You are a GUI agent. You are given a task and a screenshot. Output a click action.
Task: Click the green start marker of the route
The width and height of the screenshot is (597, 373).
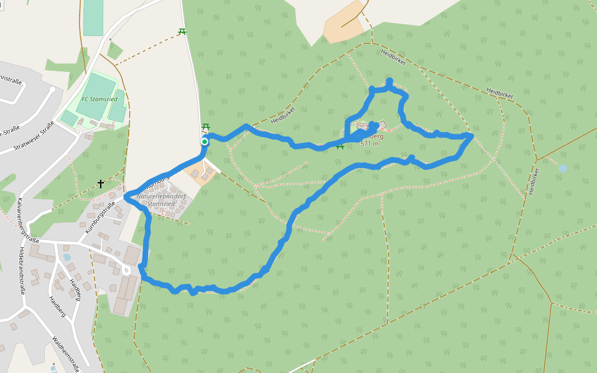point(204,142)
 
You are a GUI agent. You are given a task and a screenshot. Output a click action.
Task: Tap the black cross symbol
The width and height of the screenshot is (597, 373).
point(101,184)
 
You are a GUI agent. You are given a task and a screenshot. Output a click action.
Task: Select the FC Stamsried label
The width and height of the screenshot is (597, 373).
point(99,99)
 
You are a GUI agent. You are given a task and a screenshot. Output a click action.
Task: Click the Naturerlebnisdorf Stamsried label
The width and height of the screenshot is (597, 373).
point(161,200)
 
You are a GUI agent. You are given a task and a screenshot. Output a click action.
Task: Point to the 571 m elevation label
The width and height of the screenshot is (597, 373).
point(369,144)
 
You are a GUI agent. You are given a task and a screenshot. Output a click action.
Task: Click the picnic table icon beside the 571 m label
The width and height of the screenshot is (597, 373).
point(340,146)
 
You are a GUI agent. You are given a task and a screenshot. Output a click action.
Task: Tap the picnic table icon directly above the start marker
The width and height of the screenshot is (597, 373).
point(206,127)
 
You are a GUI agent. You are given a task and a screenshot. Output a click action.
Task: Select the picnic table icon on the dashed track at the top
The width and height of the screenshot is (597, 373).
point(182,31)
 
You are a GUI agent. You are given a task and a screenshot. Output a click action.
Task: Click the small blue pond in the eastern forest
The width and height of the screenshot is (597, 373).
point(563,168)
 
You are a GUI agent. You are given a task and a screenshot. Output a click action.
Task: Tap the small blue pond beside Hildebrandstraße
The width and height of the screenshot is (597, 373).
point(67,257)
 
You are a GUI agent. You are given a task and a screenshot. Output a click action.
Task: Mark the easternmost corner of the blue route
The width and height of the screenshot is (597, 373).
point(472,136)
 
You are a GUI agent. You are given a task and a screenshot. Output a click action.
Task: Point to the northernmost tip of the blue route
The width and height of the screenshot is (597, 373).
point(389,81)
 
